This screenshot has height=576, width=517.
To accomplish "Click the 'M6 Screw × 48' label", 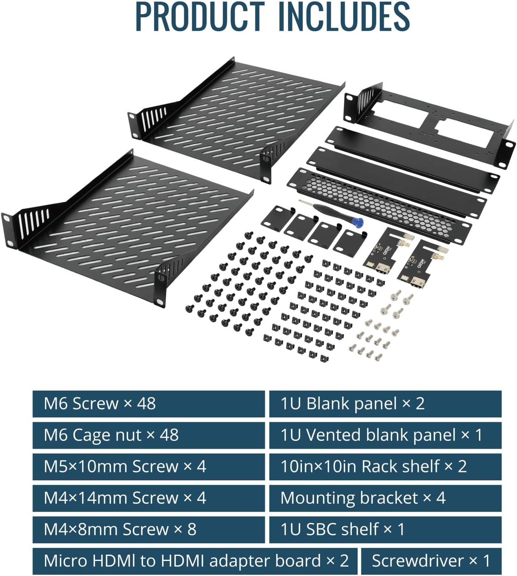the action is coord(149,404).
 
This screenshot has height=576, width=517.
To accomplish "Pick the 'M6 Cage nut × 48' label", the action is coord(149,435).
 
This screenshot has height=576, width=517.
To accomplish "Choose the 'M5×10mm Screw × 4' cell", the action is coord(149,467).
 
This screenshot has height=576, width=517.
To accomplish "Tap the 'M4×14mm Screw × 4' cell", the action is coord(149,498).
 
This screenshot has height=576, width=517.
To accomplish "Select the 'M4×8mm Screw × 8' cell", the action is coord(149,530).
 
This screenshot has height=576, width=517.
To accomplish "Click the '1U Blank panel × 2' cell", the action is coord(385,404).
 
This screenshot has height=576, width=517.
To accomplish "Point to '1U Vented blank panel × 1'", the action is coord(385,435).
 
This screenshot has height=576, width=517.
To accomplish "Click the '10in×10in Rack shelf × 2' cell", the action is coord(385,467).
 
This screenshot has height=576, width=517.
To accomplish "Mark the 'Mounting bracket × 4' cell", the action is coord(385,498).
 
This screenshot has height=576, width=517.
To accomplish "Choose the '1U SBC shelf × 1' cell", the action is coord(385,530).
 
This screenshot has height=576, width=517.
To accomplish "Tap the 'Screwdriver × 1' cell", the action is coord(431,561).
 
